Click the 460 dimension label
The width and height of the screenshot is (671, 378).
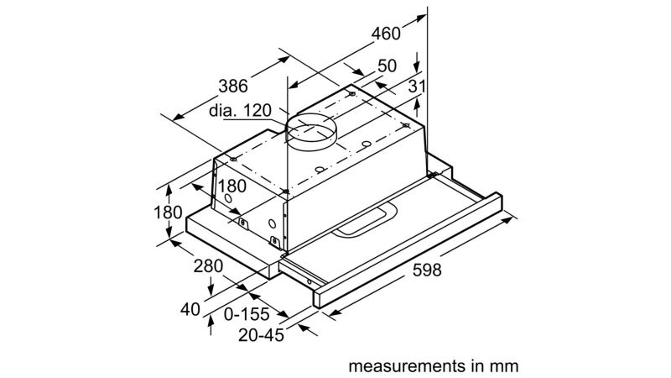pos(386,34)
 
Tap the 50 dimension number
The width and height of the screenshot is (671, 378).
pos(387,66)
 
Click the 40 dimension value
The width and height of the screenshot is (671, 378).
pos(191,308)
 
